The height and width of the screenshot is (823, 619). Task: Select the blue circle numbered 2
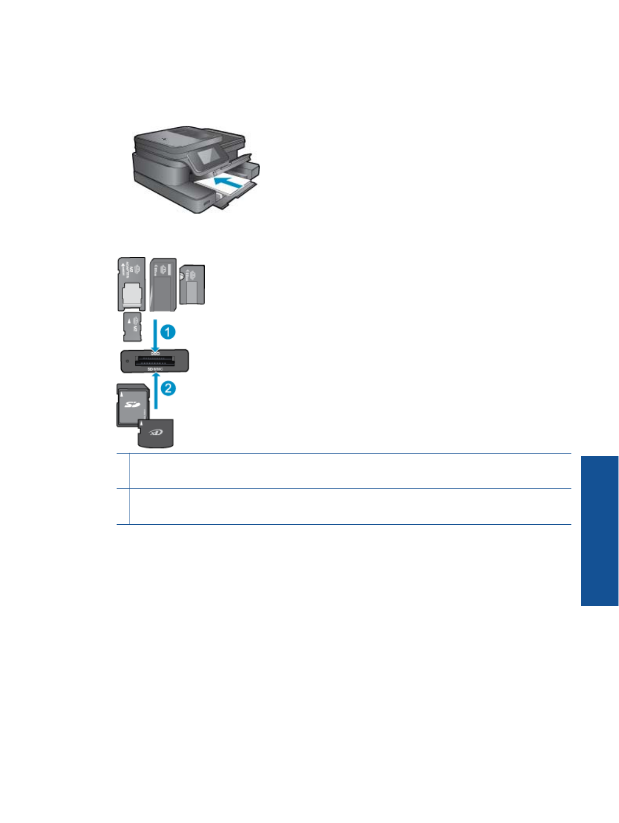[x=167, y=388]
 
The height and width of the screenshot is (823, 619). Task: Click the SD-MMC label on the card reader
[x=155, y=369]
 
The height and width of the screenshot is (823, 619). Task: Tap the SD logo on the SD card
[x=132, y=404]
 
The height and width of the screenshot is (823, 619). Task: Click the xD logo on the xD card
[x=156, y=432]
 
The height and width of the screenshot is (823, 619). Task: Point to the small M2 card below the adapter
[x=132, y=327]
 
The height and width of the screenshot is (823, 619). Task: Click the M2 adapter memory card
[x=131, y=283]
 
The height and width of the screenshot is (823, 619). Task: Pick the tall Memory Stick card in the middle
[x=163, y=284]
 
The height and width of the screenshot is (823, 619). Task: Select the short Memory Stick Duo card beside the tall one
[x=192, y=285]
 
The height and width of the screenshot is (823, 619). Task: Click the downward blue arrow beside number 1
[x=155, y=336]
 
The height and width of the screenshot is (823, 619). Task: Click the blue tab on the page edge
[x=599, y=530]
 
